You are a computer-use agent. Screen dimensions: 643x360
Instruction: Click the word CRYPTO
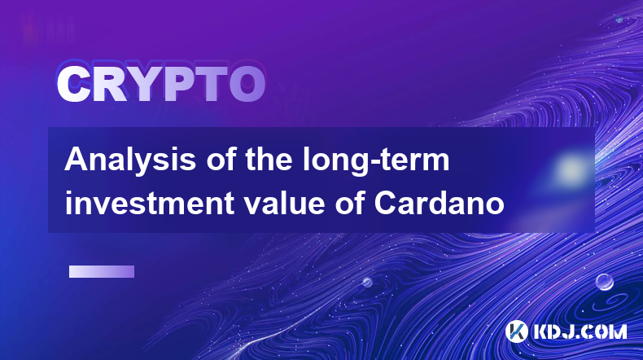click(x=161, y=84)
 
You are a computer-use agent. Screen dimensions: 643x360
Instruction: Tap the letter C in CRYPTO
click(x=74, y=84)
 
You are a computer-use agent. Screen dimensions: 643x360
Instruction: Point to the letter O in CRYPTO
click(x=247, y=84)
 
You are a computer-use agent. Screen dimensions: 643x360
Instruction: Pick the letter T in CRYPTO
click(x=211, y=84)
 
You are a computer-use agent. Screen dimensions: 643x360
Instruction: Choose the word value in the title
click(x=285, y=203)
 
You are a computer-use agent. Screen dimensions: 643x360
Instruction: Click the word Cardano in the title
click(x=440, y=203)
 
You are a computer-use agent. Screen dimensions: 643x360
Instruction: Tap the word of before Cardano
click(x=350, y=203)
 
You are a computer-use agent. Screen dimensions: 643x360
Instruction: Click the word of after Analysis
click(x=221, y=160)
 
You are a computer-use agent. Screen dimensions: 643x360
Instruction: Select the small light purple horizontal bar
click(x=102, y=271)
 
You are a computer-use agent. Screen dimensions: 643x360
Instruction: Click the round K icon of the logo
click(x=516, y=331)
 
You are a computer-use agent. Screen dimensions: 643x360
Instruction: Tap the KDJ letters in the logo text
click(x=553, y=331)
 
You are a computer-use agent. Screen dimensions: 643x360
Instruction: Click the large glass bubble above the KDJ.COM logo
click(x=604, y=282)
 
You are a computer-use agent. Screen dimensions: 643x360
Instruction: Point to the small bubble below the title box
click(x=367, y=282)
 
